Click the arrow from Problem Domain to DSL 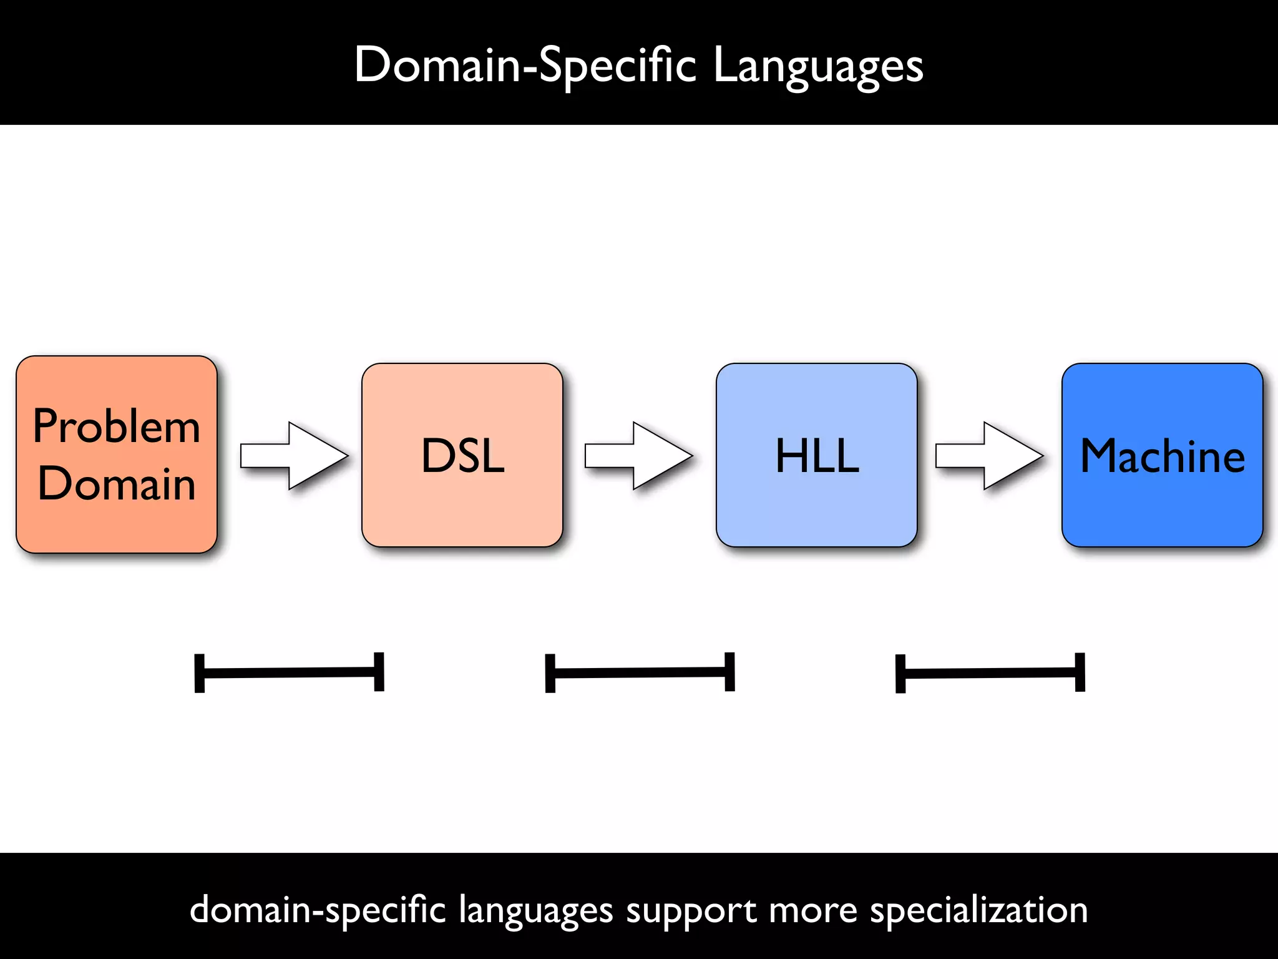tap(293, 456)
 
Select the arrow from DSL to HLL tap(638, 456)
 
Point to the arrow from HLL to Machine tap(988, 456)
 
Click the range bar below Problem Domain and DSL tap(289, 672)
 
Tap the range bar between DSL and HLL tap(640, 672)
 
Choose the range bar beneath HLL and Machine tap(990, 672)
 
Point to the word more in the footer tap(813, 910)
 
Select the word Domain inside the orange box tap(117, 484)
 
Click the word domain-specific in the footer tap(318, 910)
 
